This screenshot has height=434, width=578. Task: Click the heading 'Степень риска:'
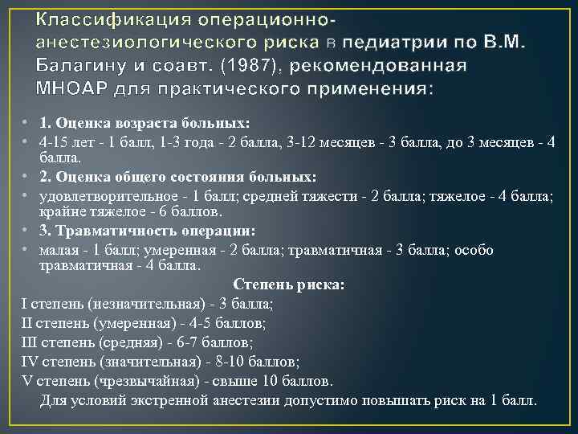point(289,285)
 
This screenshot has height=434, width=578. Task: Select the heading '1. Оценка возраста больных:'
point(144,124)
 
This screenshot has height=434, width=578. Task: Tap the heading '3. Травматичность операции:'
point(148,231)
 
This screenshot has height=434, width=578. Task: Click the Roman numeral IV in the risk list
point(31,361)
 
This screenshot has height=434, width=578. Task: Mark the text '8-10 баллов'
point(250,361)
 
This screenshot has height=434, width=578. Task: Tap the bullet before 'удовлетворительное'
point(26,195)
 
